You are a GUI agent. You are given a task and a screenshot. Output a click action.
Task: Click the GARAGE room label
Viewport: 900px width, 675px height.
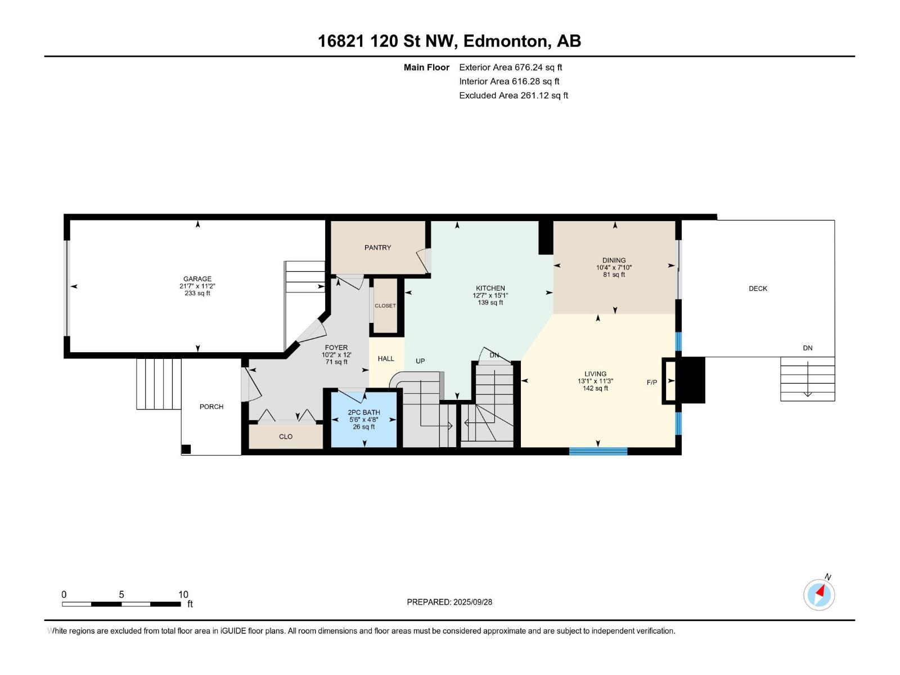point(197,278)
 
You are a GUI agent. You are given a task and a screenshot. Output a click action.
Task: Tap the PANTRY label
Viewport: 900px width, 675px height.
point(377,247)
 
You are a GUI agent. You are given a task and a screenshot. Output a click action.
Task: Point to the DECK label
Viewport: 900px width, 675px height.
point(758,289)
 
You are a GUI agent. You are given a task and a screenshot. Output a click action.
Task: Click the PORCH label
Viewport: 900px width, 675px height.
point(211,407)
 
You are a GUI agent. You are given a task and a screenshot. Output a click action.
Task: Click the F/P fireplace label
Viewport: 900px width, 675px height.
point(652,382)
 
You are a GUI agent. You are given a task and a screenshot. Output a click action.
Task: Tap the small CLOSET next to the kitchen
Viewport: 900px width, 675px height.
point(385,306)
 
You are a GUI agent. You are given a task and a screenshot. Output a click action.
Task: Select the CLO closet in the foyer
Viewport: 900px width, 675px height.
point(286,436)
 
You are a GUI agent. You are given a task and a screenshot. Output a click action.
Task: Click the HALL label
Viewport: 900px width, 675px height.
point(386,359)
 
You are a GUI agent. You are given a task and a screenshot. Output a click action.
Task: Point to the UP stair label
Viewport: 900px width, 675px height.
point(420,361)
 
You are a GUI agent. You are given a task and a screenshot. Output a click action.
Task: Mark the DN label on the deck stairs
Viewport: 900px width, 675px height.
point(808,348)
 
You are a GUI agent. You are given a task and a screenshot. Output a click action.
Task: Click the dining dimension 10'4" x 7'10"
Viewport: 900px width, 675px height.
point(614,268)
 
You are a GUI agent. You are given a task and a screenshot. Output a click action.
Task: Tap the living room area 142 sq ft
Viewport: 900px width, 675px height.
point(595,389)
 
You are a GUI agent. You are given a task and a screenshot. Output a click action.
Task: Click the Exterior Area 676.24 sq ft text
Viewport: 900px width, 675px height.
point(511,67)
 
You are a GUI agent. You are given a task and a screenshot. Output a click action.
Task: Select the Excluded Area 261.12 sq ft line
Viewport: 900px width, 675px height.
point(514,96)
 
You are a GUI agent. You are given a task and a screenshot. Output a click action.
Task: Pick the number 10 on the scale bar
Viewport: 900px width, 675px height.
point(183,595)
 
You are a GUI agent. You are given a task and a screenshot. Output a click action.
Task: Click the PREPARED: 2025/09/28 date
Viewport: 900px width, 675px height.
point(449,602)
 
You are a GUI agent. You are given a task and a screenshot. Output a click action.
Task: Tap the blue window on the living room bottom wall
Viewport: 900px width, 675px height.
point(598,451)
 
